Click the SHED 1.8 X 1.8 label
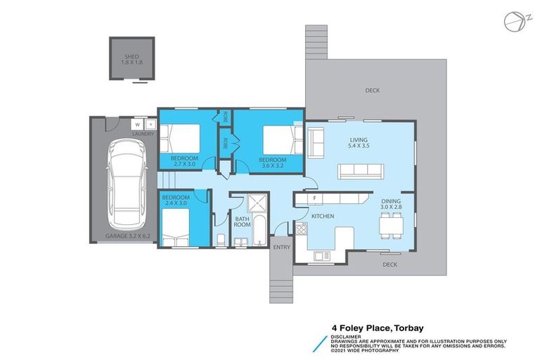[x=131, y=58]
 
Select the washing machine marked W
[x=139, y=125]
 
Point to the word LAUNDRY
[x=143, y=134]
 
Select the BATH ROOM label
[x=243, y=222]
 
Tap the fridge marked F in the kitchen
[x=315, y=198]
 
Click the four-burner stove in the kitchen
[x=302, y=229]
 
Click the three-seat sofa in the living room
[x=359, y=170]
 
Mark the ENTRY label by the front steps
[x=282, y=247]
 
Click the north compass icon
[x=512, y=22]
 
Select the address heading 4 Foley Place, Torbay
[x=378, y=327]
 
